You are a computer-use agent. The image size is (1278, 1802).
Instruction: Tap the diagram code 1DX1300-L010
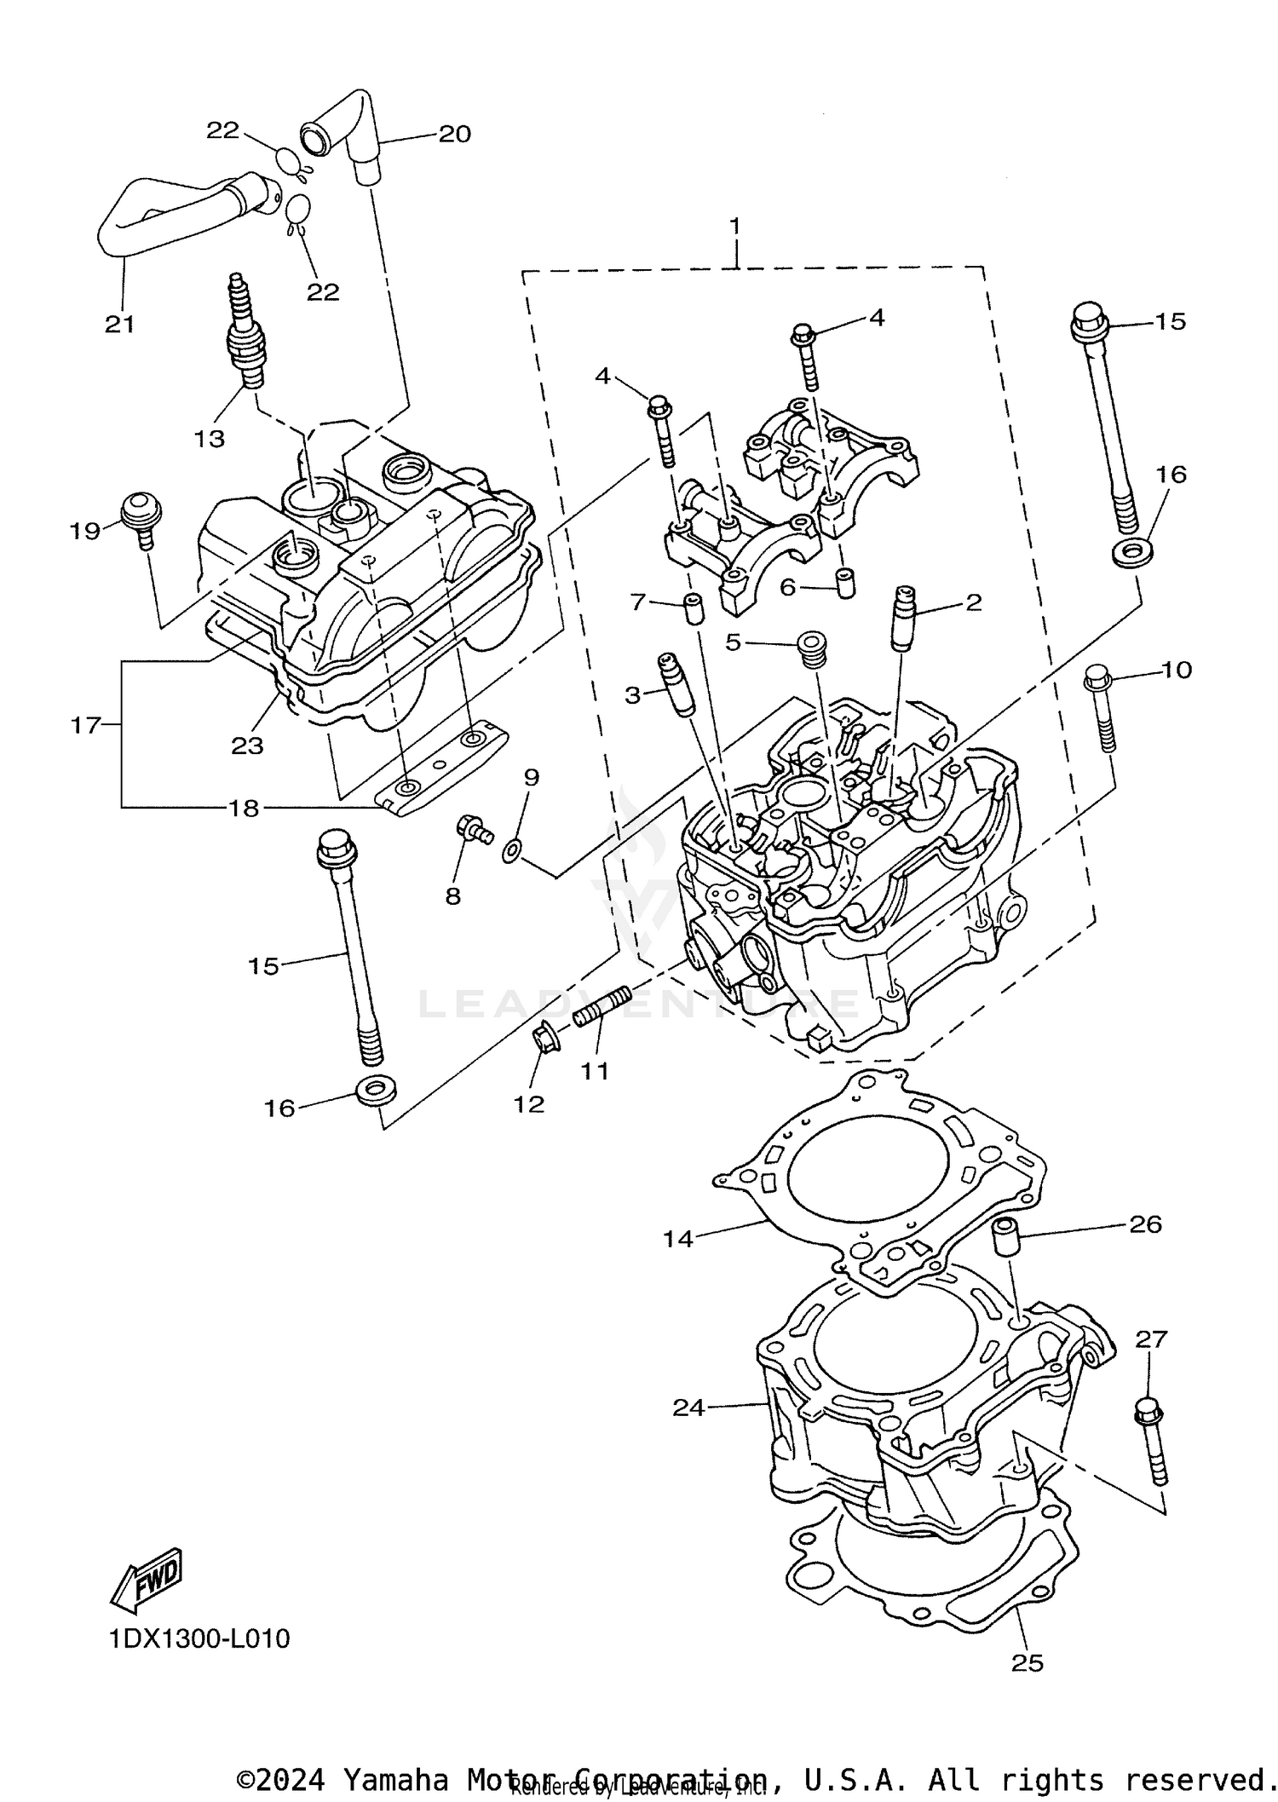point(199,1638)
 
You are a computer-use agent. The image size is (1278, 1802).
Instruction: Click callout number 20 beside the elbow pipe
point(454,134)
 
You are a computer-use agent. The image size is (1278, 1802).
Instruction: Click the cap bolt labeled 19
point(141,515)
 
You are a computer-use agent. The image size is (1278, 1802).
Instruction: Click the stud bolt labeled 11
point(602,1005)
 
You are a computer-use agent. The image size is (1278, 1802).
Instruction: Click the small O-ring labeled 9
point(511,849)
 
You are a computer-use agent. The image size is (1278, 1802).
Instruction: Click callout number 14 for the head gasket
point(678,1239)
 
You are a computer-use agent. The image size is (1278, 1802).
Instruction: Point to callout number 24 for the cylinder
point(688,1408)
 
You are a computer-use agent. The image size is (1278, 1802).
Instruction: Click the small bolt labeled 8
point(473,828)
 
